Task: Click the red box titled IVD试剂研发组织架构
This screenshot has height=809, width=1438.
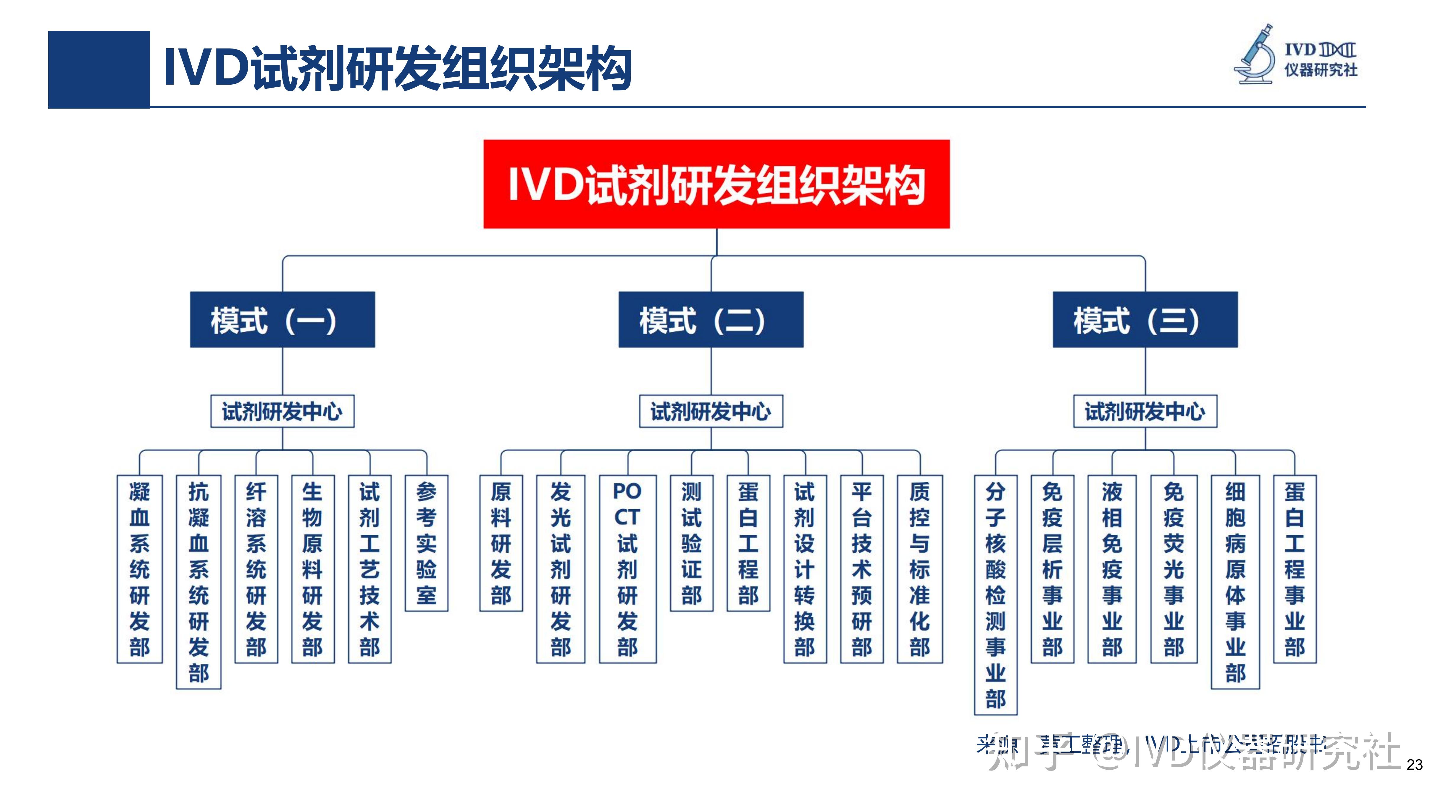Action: (716, 184)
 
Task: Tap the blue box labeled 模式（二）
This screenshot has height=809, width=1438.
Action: (711, 320)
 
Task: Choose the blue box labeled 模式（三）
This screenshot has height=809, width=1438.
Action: (1145, 320)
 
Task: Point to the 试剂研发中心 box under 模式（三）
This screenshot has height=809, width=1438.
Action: (1145, 412)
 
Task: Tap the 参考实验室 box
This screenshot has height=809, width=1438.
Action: (426, 543)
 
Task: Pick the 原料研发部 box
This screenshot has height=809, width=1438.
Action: (501, 543)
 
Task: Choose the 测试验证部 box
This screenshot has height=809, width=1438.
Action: (691, 543)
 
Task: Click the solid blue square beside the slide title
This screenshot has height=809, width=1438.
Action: (99, 69)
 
